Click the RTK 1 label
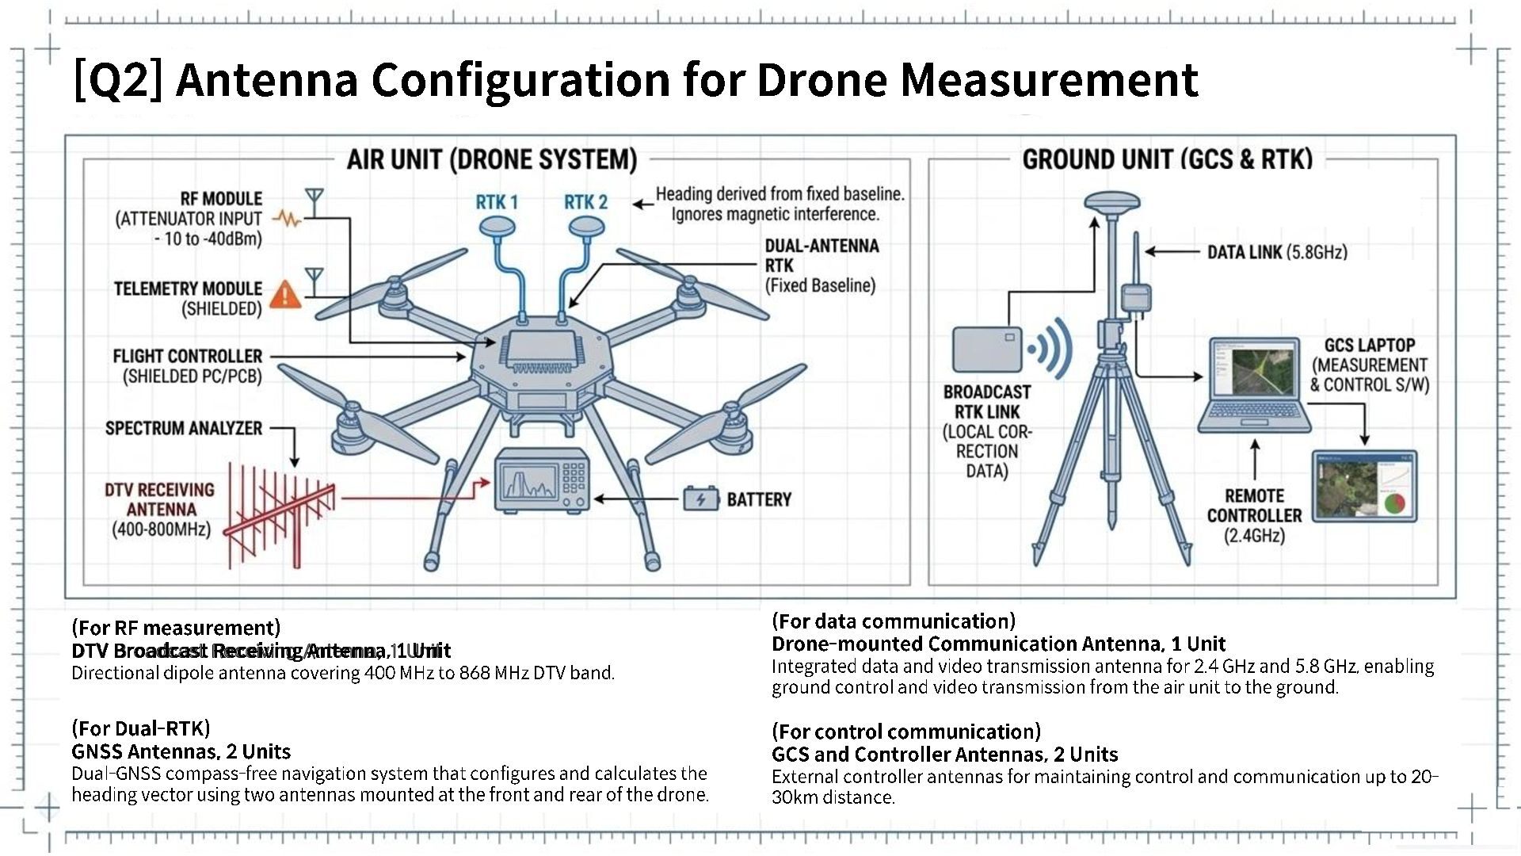[x=497, y=202]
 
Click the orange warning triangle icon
[x=285, y=294]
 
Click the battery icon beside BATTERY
[x=700, y=499]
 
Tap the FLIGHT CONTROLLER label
[x=187, y=357]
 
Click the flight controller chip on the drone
[x=541, y=350]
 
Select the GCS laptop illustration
[x=1254, y=384]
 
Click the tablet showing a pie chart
[x=1364, y=486]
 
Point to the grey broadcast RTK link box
[x=987, y=349]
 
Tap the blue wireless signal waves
[x=1051, y=349]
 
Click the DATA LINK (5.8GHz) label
[x=1277, y=252]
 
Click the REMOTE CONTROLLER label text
[x=1254, y=506]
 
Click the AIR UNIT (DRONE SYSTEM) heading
[x=492, y=159]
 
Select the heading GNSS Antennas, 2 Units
[x=181, y=751]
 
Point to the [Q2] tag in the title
[x=117, y=79]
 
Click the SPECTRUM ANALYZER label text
[x=184, y=428]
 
